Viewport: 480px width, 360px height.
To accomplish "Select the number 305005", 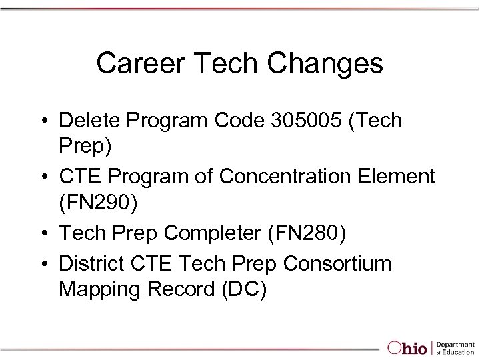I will coord(295,121).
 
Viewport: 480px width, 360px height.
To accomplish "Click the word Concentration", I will coord(293,177).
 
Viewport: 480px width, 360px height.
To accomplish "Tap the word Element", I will coord(397,177).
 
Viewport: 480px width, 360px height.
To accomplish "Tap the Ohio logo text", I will coord(409,347).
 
